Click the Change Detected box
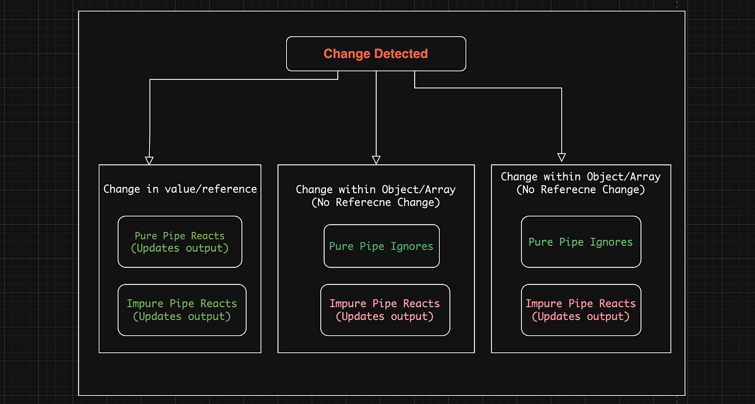click(376, 53)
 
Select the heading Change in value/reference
click(180, 189)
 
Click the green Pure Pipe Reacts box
click(180, 242)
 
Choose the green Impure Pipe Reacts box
click(182, 310)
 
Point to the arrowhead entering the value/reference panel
click(149, 160)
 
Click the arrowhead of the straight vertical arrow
click(376, 160)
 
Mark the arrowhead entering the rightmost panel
click(562, 157)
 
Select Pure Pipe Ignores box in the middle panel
click(381, 246)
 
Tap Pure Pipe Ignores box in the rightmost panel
click(581, 242)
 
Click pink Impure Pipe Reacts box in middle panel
click(385, 310)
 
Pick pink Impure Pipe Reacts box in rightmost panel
click(581, 310)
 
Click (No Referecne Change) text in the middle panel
click(376, 203)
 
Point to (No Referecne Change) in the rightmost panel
click(581, 189)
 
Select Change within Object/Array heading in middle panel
click(376, 189)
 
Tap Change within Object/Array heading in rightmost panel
click(581, 177)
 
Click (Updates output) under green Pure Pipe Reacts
click(180, 248)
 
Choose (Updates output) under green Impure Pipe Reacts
click(182, 316)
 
